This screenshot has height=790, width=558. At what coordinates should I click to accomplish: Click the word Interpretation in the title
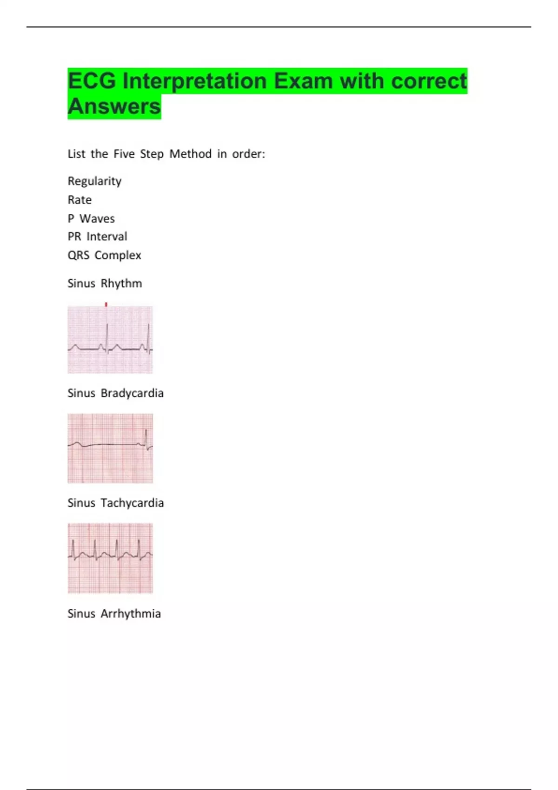[195, 81]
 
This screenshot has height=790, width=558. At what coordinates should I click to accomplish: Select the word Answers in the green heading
[114, 106]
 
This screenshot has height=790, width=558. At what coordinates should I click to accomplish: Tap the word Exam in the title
[303, 81]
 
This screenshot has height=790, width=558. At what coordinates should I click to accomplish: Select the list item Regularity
[94, 181]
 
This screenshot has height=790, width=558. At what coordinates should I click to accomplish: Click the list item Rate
[80, 200]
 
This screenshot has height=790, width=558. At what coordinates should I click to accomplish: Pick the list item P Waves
[91, 218]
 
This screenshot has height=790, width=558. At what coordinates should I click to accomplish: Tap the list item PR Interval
[97, 237]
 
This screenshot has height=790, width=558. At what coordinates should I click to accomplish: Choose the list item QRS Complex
[104, 255]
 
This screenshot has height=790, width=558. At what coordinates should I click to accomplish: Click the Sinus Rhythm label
[105, 283]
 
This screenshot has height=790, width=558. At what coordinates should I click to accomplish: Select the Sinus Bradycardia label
[115, 393]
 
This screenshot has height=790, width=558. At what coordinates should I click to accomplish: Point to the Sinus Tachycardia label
[115, 503]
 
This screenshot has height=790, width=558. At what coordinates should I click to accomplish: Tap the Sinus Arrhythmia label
[114, 613]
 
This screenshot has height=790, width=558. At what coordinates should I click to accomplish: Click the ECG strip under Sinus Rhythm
[110, 340]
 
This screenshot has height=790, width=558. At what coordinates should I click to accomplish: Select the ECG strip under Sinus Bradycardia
[110, 448]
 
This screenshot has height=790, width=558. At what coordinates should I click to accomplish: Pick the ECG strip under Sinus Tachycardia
[110, 558]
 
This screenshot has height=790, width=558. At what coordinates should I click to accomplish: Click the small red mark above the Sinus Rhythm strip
[106, 304]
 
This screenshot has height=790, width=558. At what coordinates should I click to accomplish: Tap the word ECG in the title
[92, 81]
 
